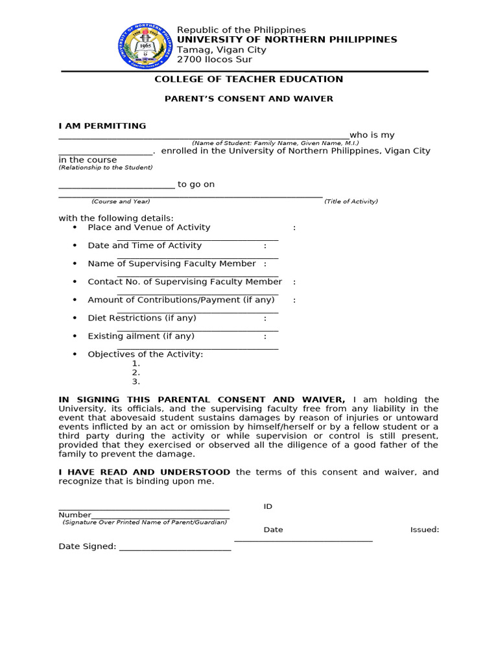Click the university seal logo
146,45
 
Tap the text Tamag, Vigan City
222,50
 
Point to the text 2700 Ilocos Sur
215,60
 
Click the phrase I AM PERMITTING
102,126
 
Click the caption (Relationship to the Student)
106,168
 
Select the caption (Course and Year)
121,201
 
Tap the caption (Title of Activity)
351,201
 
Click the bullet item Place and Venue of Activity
149,227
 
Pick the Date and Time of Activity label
145,245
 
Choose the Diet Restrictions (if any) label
142,318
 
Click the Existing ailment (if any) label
141,336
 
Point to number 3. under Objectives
136,381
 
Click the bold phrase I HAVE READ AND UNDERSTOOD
145,472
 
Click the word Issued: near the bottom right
424,530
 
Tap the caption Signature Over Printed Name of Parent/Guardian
145,522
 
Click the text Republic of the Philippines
241,30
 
